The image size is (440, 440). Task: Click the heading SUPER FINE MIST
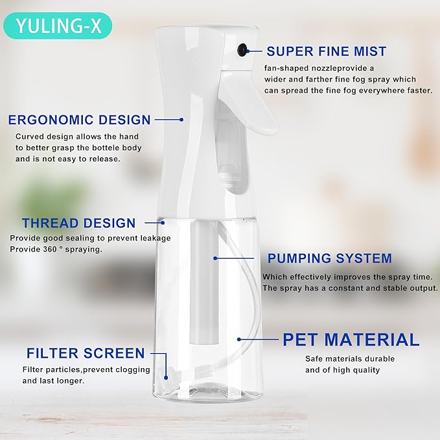click(x=336, y=51)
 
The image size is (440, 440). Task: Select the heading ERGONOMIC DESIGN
click(x=79, y=119)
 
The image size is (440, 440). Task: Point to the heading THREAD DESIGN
click(x=78, y=224)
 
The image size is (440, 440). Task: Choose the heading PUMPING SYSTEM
click(x=329, y=259)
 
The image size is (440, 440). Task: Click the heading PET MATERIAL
click(x=351, y=339)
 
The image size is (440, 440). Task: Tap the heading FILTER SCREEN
click(x=86, y=353)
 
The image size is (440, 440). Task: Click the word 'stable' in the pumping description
click(x=387, y=288)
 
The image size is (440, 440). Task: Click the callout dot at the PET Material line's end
click(x=240, y=339)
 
